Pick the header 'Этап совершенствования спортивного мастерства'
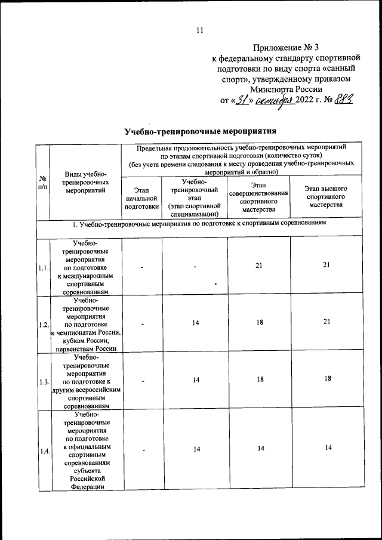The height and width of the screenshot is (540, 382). click(x=258, y=198)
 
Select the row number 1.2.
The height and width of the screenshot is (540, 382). click(x=43, y=325)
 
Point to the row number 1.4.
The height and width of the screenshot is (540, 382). click(x=43, y=450)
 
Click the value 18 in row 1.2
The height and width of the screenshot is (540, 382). click(x=258, y=322)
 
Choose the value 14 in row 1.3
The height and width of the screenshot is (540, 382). click(x=195, y=379)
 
